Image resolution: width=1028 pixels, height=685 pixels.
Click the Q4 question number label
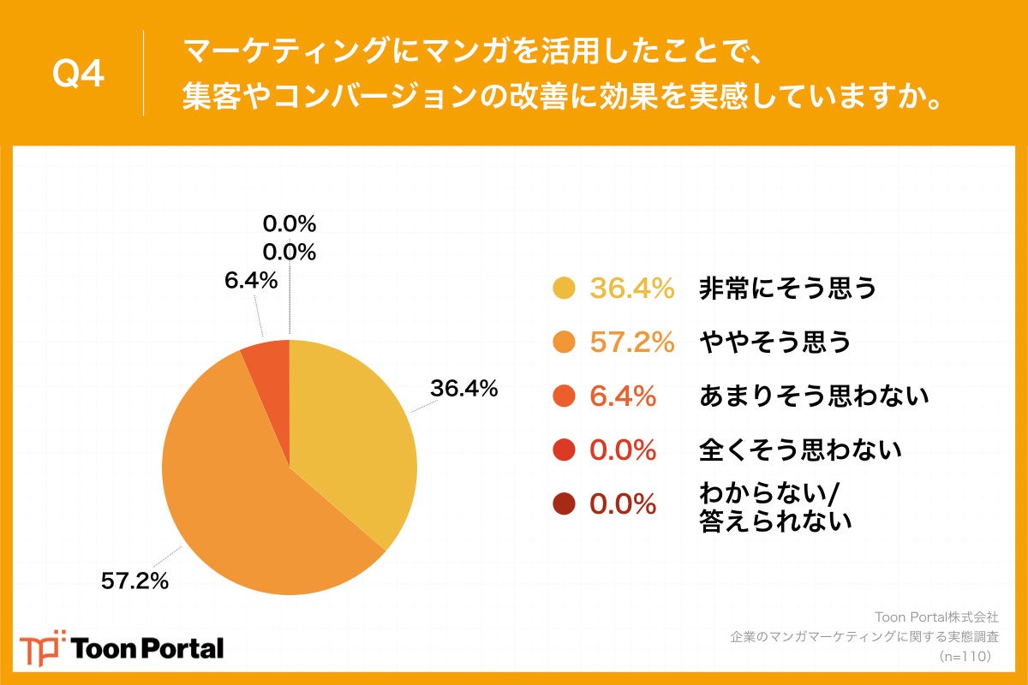(78, 74)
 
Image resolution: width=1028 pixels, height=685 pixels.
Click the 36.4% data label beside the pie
(463, 388)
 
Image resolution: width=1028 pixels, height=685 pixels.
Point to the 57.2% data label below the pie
(134, 581)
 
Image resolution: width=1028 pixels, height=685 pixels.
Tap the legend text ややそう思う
(776, 342)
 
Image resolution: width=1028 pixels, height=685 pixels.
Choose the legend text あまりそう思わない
(815, 396)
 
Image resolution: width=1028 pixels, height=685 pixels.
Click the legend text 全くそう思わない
(801, 449)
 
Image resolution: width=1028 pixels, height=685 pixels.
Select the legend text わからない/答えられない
(776, 507)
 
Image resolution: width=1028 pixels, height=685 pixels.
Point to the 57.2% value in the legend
(632, 342)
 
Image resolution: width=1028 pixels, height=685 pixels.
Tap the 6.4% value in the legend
(623, 396)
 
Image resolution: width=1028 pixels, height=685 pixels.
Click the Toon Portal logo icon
(42, 647)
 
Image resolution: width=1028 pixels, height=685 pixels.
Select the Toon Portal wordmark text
(148, 648)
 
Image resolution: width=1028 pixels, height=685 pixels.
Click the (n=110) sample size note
(965, 656)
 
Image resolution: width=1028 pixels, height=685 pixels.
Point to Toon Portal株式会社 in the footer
(935, 616)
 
